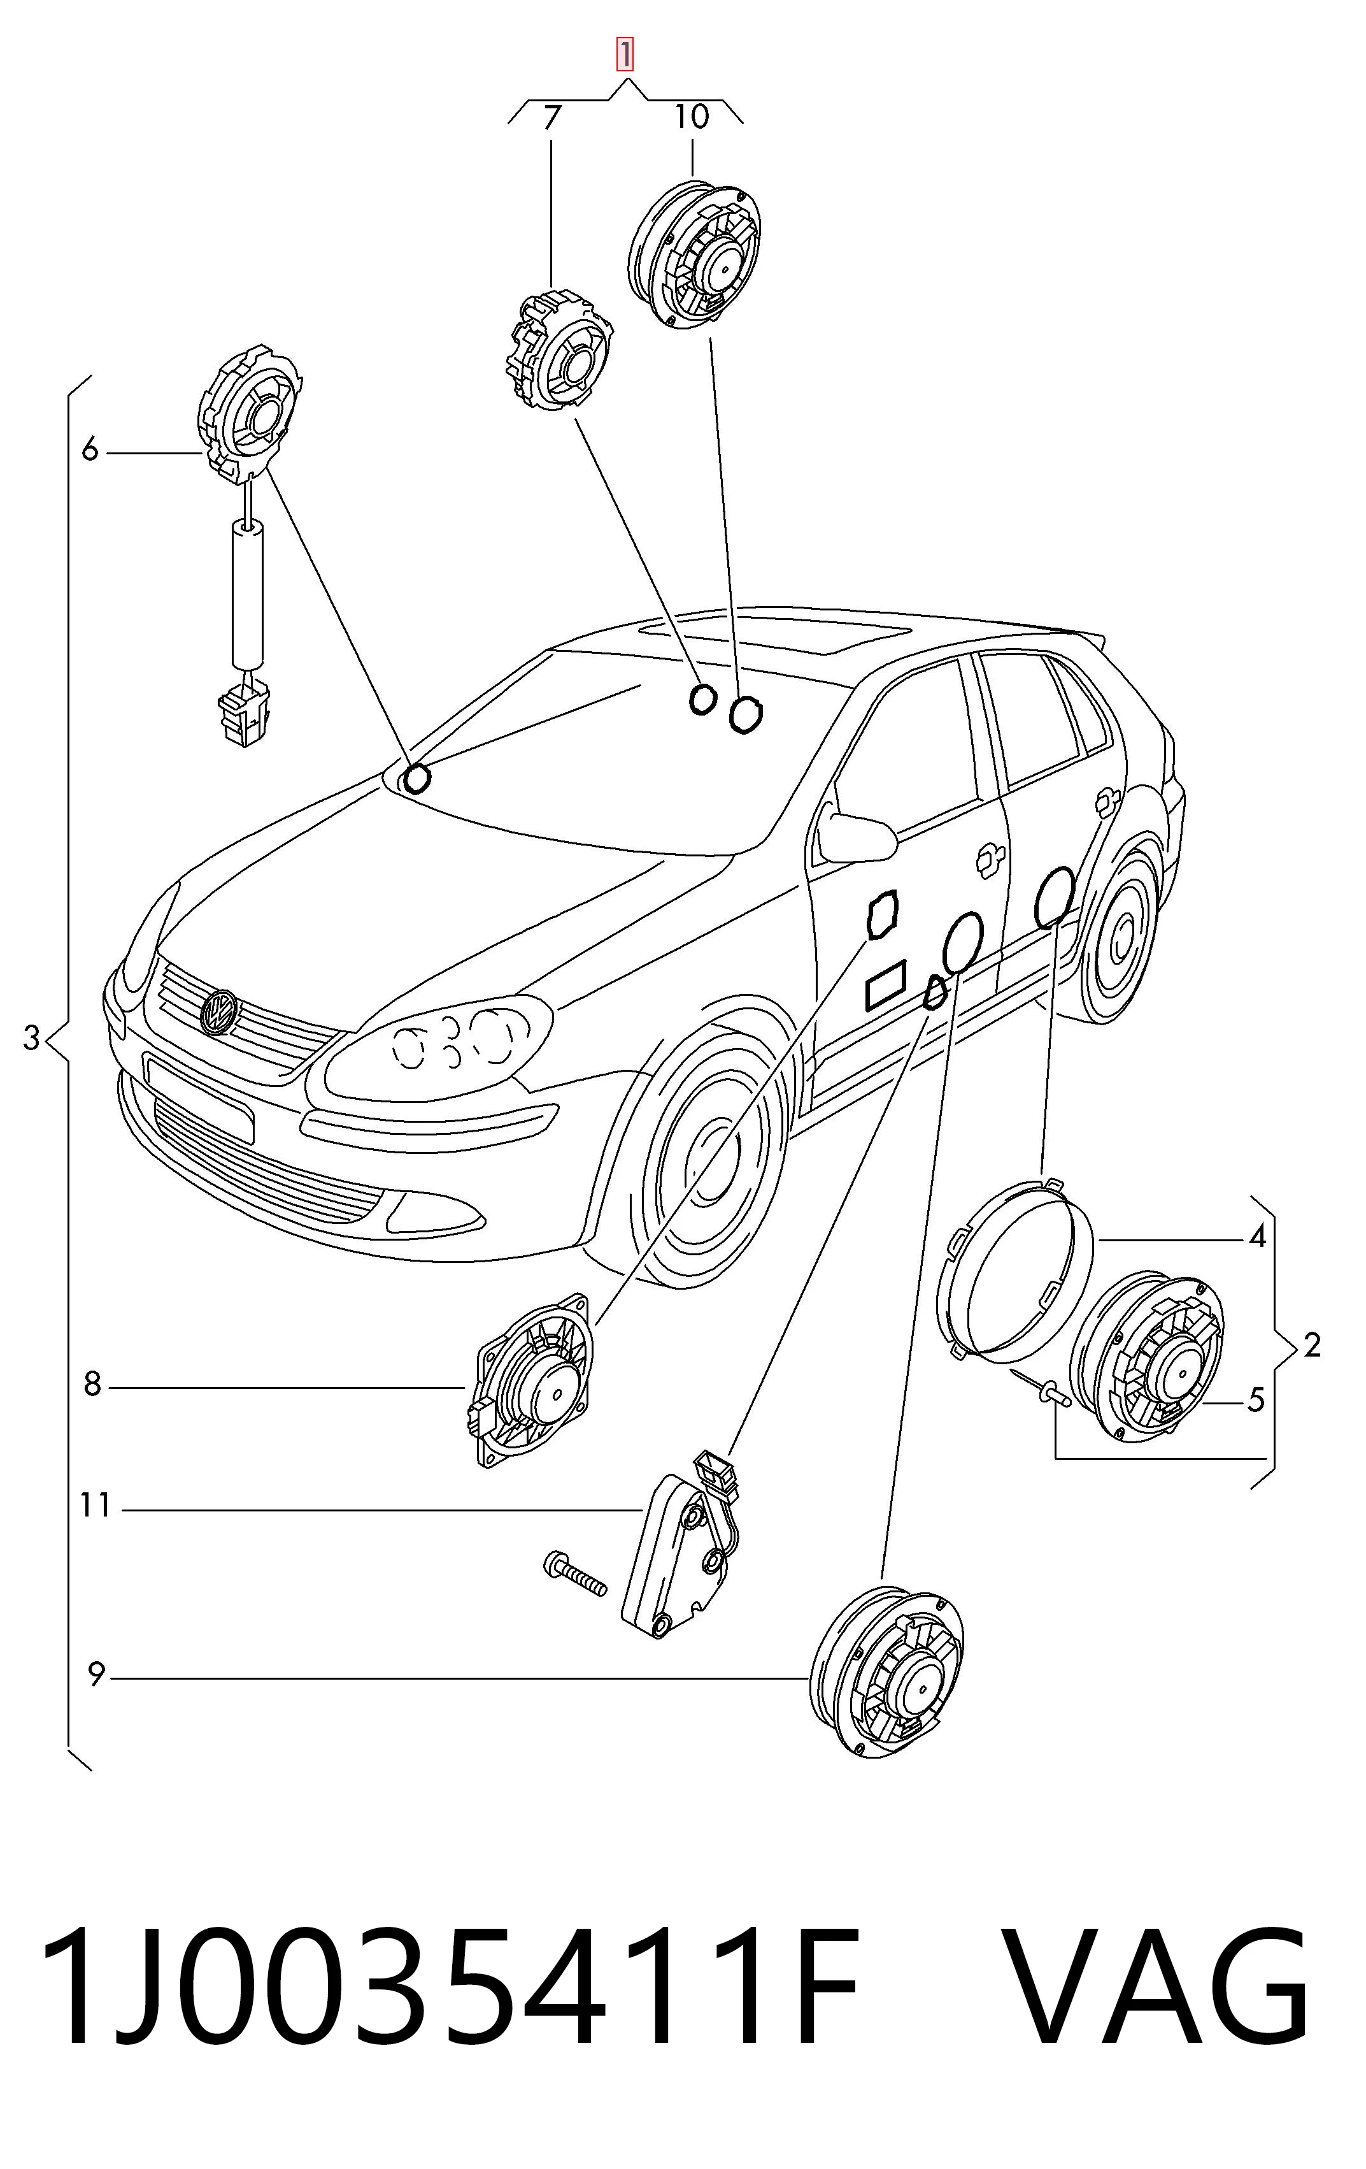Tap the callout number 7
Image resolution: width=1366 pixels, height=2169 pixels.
551,118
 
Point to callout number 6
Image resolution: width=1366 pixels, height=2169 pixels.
89,449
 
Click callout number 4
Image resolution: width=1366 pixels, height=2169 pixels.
1257,1237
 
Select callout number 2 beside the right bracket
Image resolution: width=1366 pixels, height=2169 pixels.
1312,1345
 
